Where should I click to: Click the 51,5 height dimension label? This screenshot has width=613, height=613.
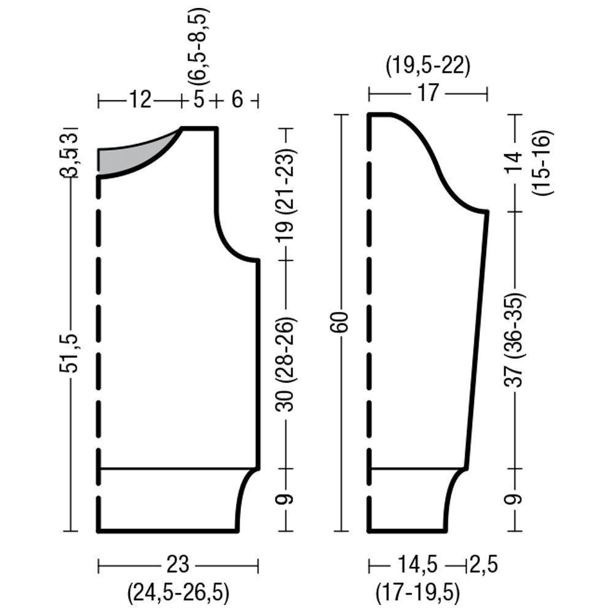pyautogui.click(x=69, y=353)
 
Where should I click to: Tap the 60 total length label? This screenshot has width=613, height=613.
pyautogui.click(x=341, y=322)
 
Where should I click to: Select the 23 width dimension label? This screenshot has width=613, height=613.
pyautogui.click(x=178, y=565)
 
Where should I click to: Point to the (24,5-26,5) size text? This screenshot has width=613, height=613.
pyautogui.click(x=178, y=593)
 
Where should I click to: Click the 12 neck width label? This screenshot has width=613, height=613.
pyautogui.click(x=140, y=100)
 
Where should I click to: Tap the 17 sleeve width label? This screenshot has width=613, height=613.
pyautogui.click(x=428, y=93)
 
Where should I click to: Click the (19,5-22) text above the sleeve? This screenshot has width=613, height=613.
pyautogui.click(x=428, y=66)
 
